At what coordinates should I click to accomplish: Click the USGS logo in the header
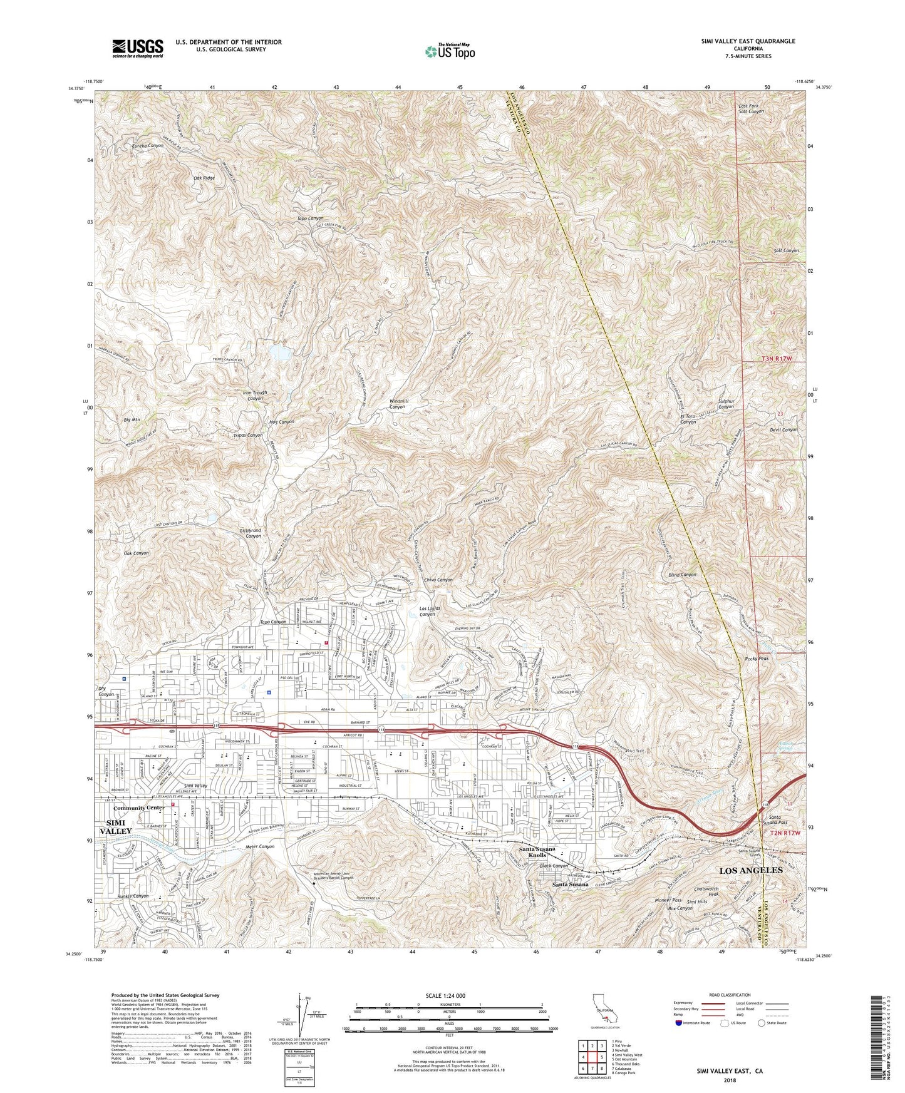[138, 48]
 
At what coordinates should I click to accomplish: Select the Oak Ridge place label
[204, 178]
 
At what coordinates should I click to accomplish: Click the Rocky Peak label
[756, 659]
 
